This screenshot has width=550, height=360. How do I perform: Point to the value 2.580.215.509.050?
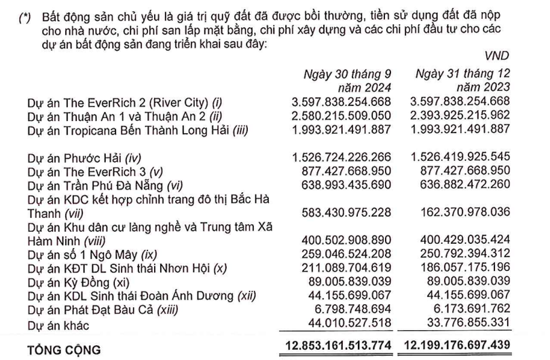[x=341, y=116]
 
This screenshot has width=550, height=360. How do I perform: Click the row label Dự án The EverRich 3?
[x=95, y=171]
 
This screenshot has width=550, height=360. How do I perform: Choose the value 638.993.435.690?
[x=346, y=185]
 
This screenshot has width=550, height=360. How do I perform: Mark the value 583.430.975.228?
[x=346, y=213]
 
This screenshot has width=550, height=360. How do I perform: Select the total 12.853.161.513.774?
[x=337, y=348]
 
